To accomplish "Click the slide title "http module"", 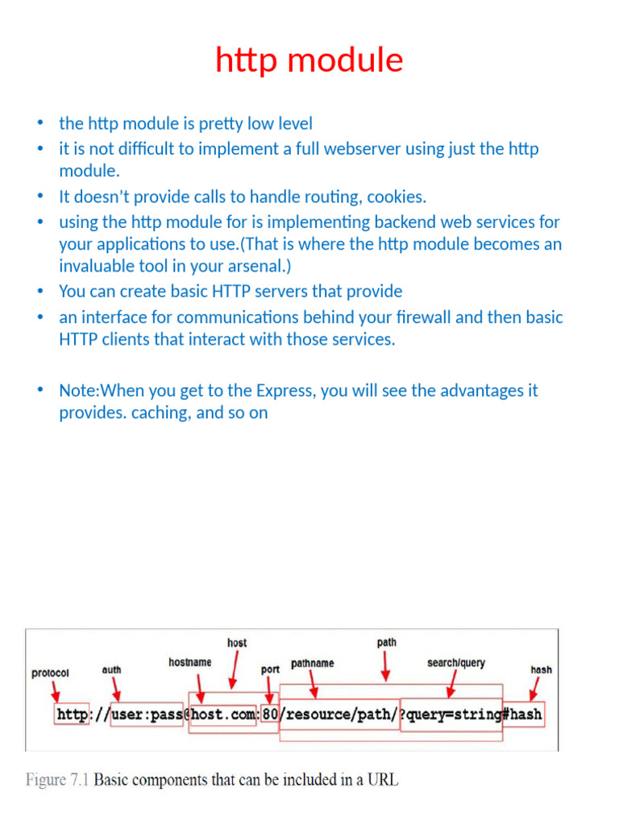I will click(x=309, y=60).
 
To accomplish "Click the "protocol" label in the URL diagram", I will click(x=50, y=673).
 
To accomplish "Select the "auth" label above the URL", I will click(x=112, y=670).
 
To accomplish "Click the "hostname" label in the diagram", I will click(x=190, y=662).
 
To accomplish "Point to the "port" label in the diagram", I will click(x=270, y=670).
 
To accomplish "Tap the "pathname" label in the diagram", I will click(x=312, y=663).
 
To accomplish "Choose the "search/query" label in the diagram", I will click(x=456, y=663).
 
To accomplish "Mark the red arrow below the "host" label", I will click(x=235, y=667).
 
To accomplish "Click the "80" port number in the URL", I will click(x=269, y=714).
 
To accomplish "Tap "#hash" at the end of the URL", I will click(x=522, y=714).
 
